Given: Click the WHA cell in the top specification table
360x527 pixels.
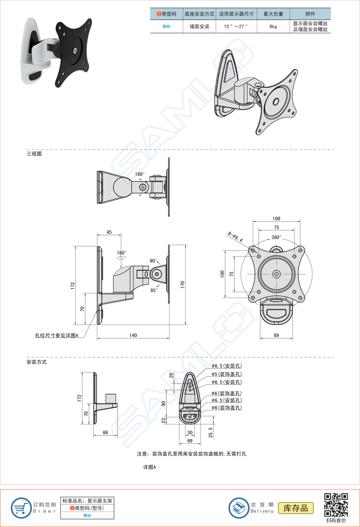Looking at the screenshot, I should [167, 27].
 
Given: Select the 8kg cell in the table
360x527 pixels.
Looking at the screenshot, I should [273, 27].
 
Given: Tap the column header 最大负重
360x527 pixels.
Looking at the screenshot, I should [273, 14].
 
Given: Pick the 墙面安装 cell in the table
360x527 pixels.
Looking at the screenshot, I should [199, 27].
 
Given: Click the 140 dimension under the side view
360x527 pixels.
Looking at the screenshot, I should [133, 335].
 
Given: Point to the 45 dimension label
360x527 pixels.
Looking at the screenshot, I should [109, 232].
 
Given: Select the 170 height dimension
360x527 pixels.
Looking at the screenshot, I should [182, 284].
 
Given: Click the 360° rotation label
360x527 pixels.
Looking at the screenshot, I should [277, 237].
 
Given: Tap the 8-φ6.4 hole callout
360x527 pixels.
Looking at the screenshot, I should [235, 237].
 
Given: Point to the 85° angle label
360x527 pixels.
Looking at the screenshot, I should [154, 290].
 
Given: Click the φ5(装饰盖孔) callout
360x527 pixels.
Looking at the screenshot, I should [226, 374].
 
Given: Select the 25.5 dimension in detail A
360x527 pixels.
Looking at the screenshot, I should [211, 432].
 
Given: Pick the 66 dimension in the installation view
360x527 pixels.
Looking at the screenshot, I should [105, 432].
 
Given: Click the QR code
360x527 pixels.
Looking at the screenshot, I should [336, 505].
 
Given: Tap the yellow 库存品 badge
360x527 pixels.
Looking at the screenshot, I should [296, 508].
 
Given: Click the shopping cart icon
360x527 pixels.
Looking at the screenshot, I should [21, 508].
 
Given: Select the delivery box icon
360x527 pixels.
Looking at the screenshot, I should [239, 508].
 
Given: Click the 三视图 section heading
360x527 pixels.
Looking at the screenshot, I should [34, 154].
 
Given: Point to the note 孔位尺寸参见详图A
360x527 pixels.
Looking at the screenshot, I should [57, 336].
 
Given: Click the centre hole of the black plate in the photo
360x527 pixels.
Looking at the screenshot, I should [75, 51].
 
